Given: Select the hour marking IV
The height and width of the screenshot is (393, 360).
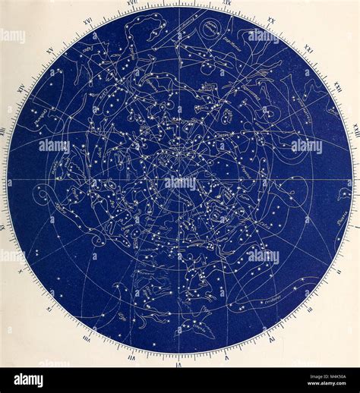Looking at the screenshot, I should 271,340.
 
